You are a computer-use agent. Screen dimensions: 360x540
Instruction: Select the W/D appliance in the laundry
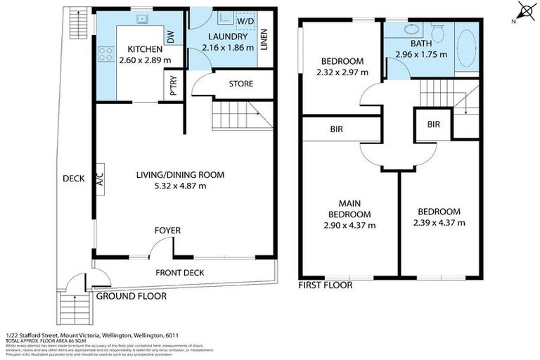tap(247, 20)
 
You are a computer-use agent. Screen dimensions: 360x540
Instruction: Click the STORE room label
tap(241, 84)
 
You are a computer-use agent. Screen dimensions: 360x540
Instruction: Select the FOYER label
tap(168, 231)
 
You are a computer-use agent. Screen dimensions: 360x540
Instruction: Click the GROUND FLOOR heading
tap(131, 297)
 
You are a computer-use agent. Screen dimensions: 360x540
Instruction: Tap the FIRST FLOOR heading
tap(326, 285)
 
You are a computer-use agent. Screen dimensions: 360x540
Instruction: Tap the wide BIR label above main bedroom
tap(336, 130)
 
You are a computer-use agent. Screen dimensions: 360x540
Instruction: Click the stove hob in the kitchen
tap(108, 51)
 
